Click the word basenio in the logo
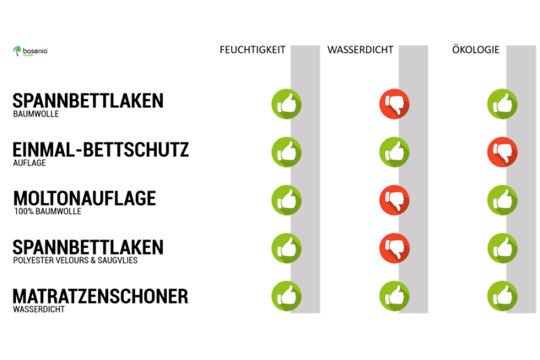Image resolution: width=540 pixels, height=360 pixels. pyautogui.click(x=35, y=51)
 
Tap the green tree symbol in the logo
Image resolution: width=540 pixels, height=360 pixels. pyautogui.click(x=18, y=51)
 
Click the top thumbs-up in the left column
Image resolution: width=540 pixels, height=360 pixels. pyautogui.click(x=286, y=104)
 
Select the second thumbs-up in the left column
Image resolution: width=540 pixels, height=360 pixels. pyautogui.click(x=286, y=152)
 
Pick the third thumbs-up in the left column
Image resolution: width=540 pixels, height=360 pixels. pyautogui.click(x=286, y=200)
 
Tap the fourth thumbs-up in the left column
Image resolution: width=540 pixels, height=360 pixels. pyautogui.click(x=286, y=248)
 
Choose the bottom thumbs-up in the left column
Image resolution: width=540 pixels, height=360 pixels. pyautogui.click(x=286, y=296)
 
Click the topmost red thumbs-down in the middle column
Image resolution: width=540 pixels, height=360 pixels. pyautogui.click(x=394, y=104)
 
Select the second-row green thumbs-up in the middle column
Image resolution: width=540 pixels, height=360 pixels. pyautogui.click(x=394, y=152)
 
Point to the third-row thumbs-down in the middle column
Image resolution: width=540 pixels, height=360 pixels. pyautogui.click(x=394, y=200)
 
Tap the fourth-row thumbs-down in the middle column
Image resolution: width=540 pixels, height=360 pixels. pyautogui.click(x=394, y=248)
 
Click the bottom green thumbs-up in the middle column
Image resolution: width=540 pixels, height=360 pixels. pyautogui.click(x=394, y=296)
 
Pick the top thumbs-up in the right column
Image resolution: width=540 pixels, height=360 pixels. pyautogui.click(x=502, y=104)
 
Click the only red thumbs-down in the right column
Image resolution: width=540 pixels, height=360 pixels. pyautogui.click(x=502, y=152)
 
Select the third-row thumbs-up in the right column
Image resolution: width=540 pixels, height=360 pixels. pyautogui.click(x=502, y=200)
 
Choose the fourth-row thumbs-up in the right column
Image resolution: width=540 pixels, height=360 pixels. pyautogui.click(x=502, y=248)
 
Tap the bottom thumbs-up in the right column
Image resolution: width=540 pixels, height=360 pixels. pyautogui.click(x=502, y=296)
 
